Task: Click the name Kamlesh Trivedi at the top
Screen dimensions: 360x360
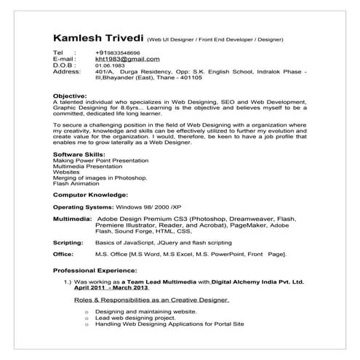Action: (97, 38)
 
